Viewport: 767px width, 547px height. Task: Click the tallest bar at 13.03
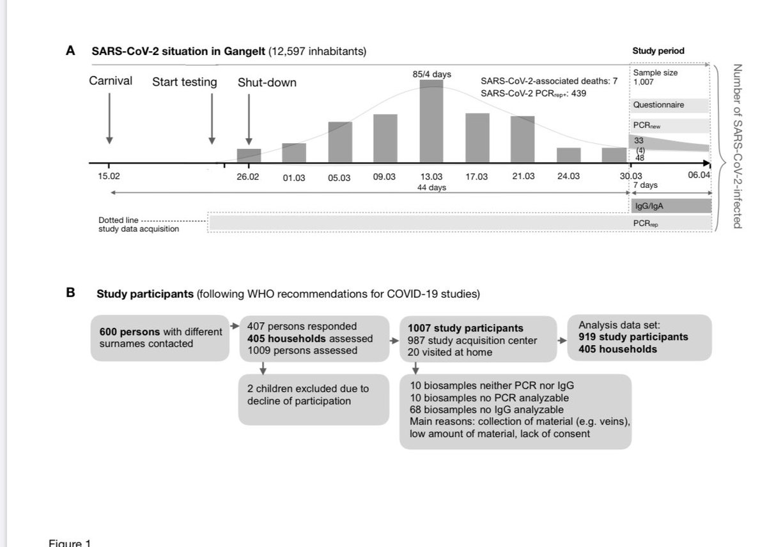click(431, 121)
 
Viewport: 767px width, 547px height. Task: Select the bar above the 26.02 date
click(249, 155)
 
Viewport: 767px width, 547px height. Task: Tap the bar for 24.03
click(568, 155)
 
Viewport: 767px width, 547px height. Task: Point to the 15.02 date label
click(108, 177)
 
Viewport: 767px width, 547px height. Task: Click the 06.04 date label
click(699, 176)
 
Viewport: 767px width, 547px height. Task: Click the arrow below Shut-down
click(249, 119)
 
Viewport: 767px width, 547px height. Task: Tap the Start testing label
click(184, 82)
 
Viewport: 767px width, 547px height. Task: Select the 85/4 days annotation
click(432, 74)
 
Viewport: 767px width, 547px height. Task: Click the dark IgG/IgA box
click(670, 206)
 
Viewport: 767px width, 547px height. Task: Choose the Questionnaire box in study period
click(670, 105)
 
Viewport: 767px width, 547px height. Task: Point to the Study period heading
click(658, 51)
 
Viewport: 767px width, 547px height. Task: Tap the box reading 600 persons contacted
click(160, 337)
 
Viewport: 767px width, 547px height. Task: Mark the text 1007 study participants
click(465, 328)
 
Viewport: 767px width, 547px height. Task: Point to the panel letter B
click(70, 294)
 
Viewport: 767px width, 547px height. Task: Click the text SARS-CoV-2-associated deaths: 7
click(549, 82)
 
